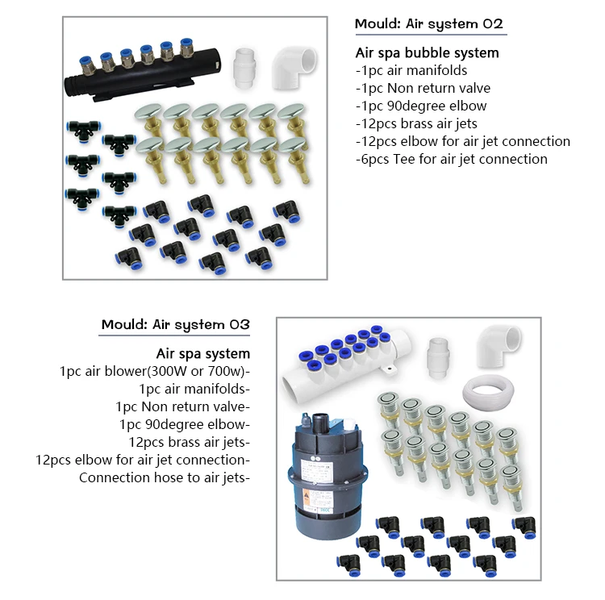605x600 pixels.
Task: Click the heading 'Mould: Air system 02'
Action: (x=429, y=24)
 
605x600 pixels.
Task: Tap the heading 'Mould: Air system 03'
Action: (x=175, y=325)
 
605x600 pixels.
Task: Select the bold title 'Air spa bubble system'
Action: (x=427, y=53)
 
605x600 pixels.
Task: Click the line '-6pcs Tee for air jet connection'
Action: (x=451, y=159)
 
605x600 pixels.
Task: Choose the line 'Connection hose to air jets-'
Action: (x=165, y=477)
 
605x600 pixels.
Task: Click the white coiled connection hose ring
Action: (x=494, y=394)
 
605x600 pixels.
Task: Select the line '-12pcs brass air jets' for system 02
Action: (x=416, y=123)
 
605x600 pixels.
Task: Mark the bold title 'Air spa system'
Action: (x=202, y=354)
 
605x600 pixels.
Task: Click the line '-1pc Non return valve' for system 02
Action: (x=423, y=88)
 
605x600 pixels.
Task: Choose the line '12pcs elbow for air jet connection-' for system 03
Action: (x=143, y=460)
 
